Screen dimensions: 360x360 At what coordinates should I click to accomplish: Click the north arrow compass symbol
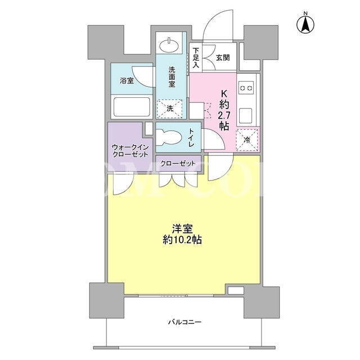(305, 24)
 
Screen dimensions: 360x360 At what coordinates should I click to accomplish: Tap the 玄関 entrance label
(223, 57)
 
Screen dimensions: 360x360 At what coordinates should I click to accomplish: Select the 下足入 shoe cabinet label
(196, 57)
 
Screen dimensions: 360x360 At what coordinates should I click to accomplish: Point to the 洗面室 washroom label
(172, 76)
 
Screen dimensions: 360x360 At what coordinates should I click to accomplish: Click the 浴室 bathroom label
(127, 80)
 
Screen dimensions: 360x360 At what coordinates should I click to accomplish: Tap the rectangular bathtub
(132, 107)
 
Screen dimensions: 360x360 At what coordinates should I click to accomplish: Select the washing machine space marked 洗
(170, 109)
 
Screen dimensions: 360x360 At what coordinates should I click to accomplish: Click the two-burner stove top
(246, 88)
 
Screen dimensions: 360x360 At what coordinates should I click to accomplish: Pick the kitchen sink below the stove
(246, 116)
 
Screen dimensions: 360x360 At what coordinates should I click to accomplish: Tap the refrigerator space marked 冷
(247, 140)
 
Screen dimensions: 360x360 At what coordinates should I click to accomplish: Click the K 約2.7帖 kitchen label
(224, 110)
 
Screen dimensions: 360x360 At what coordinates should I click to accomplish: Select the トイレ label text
(191, 137)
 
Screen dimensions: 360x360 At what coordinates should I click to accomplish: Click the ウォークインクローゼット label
(130, 150)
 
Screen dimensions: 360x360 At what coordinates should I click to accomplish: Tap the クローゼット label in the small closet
(178, 164)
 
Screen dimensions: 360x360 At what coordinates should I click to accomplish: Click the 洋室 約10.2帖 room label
(182, 234)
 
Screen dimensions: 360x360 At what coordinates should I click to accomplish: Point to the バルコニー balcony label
(184, 322)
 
